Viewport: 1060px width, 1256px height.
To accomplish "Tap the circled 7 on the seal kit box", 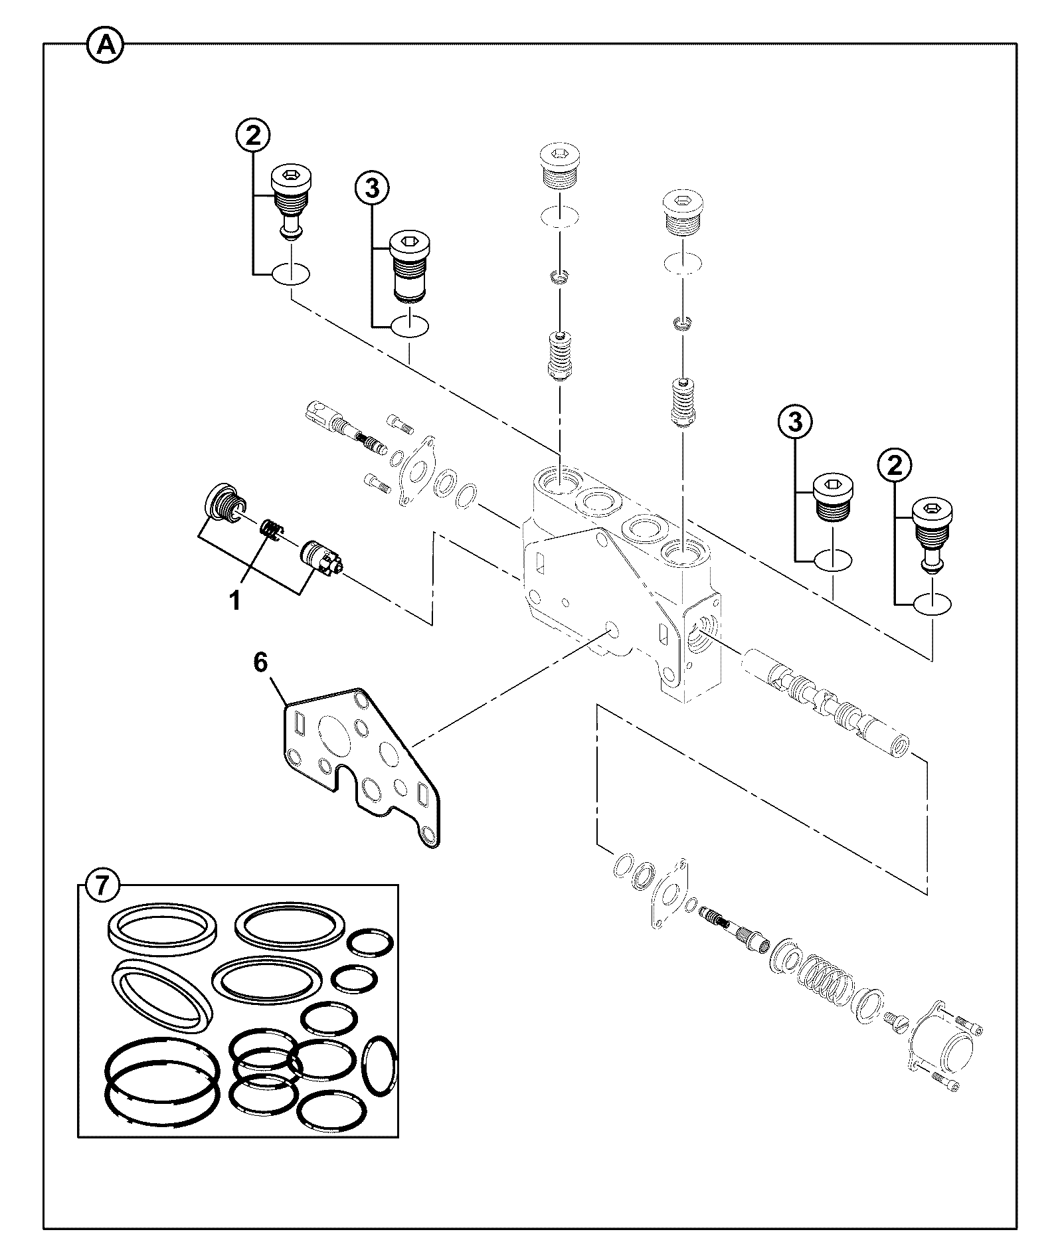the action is pyautogui.click(x=100, y=886).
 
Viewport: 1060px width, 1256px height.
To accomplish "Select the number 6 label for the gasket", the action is pyautogui.click(x=260, y=662).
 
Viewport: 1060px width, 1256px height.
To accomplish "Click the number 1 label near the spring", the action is pyautogui.click(x=234, y=601).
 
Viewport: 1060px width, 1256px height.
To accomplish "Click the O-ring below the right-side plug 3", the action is pyautogui.click(x=833, y=559).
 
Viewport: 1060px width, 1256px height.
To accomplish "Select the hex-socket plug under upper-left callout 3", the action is pyautogui.click(x=409, y=268).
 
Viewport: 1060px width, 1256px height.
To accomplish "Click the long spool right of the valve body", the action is pyautogui.click(x=827, y=703).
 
